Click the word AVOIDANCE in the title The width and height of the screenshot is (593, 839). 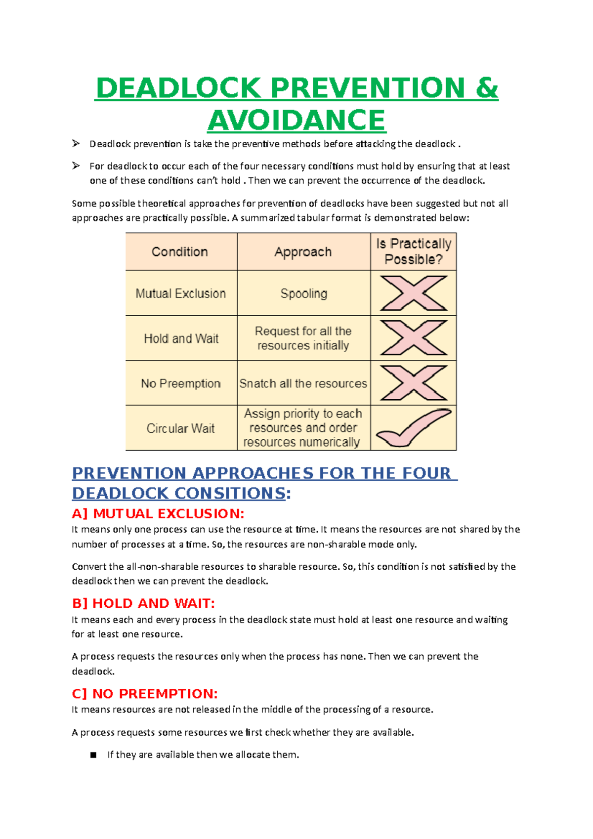[x=296, y=120]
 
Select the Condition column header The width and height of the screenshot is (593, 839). [x=180, y=252]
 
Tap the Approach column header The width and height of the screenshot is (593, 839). [x=303, y=252]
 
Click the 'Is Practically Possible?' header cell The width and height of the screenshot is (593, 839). [x=414, y=252]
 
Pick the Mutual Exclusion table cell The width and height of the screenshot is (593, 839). [x=181, y=294]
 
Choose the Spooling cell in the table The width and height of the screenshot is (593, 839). [x=303, y=294]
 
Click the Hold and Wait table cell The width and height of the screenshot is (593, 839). [x=181, y=338]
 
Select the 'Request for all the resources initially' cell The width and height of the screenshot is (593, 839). [x=303, y=338]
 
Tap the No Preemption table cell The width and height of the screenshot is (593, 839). [x=181, y=383]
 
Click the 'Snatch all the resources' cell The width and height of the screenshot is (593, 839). [x=303, y=383]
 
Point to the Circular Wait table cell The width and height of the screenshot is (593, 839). [x=181, y=428]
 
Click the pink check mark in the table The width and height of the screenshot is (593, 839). [x=414, y=428]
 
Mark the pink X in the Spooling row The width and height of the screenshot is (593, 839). [x=414, y=294]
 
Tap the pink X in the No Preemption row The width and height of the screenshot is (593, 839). [x=414, y=383]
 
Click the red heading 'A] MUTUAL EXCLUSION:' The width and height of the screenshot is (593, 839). [x=158, y=514]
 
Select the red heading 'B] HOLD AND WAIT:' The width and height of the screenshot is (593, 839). [x=143, y=603]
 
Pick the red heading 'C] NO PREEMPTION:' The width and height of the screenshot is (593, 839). [x=145, y=694]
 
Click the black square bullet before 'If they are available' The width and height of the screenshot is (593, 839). [x=93, y=755]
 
